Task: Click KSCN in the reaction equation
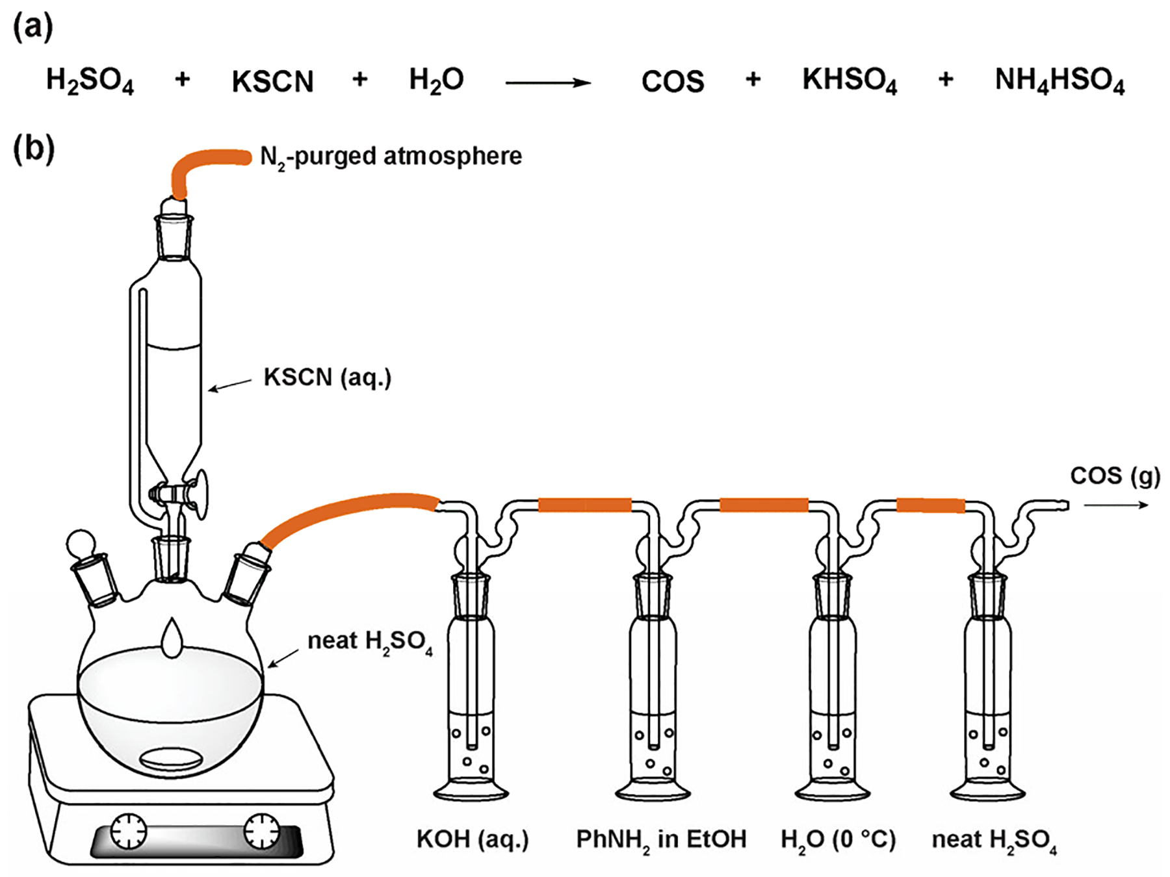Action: (x=272, y=82)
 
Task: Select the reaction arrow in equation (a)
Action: (x=547, y=83)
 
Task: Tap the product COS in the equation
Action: (x=672, y=82)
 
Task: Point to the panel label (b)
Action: (x=34, y=149)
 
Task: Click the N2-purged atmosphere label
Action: (x=391, y=157)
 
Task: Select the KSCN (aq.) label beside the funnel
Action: (x=327, y=377)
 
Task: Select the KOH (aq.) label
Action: (x=473, y=839)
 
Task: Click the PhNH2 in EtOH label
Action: (x=661, y=839)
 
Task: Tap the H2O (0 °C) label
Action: (x=838, y=839)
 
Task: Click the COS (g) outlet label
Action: (x=1115, y=476)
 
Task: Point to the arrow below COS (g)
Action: (x=1116, y=505)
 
